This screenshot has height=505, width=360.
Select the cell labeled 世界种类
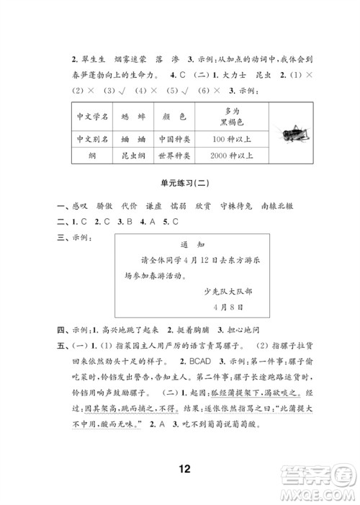click(x=176, y=156)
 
